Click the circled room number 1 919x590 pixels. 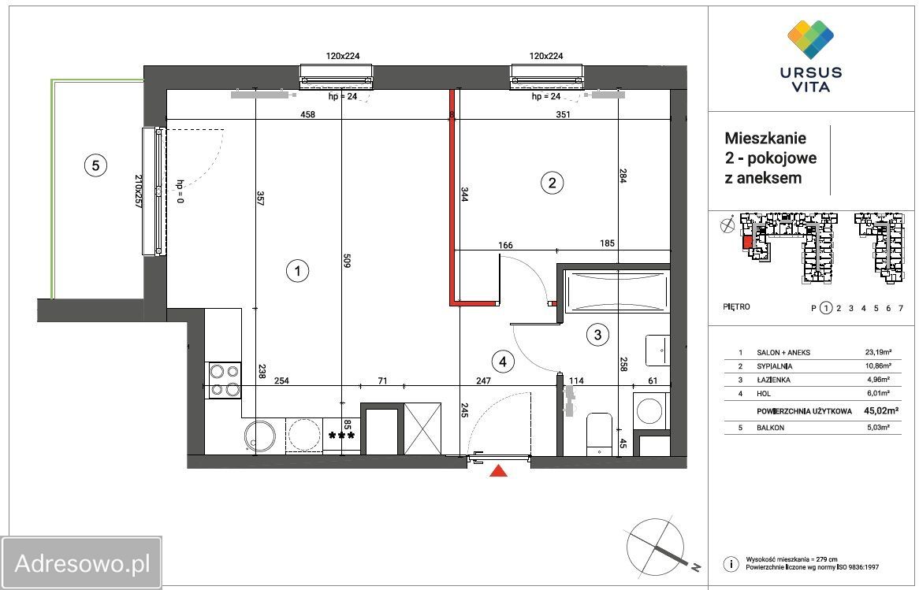point(298,271)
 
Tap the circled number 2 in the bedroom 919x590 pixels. point(551,183)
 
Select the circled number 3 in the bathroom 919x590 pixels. point(597,335)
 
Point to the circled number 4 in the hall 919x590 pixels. point(502,362)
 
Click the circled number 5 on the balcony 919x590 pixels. point(95,165)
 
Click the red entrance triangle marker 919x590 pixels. point(498,470)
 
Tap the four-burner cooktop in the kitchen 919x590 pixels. point(225,380)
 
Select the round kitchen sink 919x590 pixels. point(260,436)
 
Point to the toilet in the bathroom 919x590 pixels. point(599,434)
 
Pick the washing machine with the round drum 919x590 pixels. point(650,410)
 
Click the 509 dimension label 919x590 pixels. point(346,260)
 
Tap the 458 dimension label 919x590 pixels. point(307,115)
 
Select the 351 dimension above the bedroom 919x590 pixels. point(563,115)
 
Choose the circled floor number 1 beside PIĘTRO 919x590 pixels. point(826,307)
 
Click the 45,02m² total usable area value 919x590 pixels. point(881,410)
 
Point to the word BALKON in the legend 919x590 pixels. point(770,428)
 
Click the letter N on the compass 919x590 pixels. point(696,566)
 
